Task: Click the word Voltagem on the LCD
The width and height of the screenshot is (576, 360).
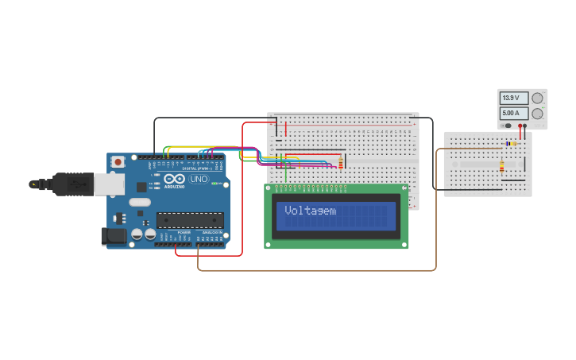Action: tap(310, 211)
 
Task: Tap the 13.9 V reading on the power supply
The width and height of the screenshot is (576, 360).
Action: tap(511, 98)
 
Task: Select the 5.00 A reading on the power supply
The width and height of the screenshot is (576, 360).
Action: tap(511, 114)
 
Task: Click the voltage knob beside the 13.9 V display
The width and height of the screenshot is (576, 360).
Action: tap(537, 98)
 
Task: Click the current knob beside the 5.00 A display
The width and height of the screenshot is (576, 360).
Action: tap(537, 114)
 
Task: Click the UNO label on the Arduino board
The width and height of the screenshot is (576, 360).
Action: tap(199, 179)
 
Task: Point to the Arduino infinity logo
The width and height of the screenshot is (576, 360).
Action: tap(176, 179)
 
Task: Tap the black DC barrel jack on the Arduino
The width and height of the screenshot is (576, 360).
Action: tap(114, 235)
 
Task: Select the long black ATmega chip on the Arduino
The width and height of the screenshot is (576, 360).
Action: tap(189, 220)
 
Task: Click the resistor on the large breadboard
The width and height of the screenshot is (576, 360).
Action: tap(342, 164)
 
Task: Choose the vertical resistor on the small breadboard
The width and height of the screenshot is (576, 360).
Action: tap(501, 166)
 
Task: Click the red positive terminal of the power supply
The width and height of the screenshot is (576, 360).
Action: tap(525, 126)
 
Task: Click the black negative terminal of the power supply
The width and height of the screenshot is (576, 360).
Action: tap(519, 126)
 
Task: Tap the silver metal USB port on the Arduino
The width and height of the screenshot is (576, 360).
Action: tap(109, 184)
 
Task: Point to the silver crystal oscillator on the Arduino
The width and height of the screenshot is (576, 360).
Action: tap(139, 202)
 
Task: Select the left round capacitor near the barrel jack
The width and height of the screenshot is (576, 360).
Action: tap(137, 235)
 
